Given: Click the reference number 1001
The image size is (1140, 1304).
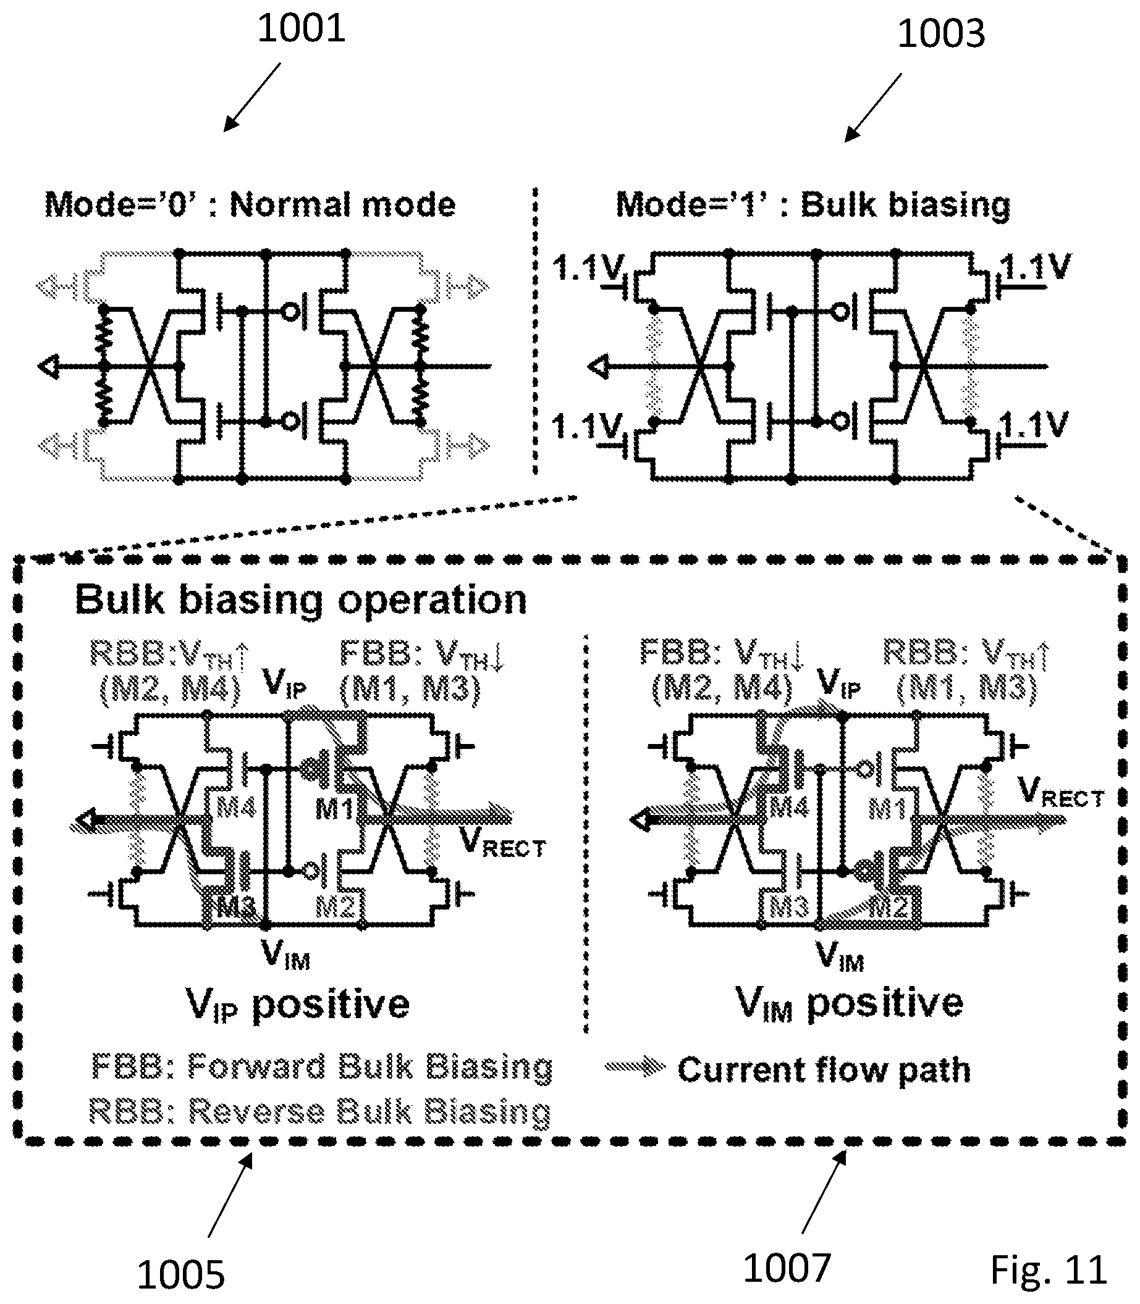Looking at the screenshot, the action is pyautogui.click(x=301, y=29).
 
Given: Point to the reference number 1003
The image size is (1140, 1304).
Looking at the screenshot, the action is pyautogui.click(x=941, y=34).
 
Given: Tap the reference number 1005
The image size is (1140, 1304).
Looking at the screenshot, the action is pyautogui.click(x=180, y=1275).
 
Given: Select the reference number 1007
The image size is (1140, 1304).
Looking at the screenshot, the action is pyautogui.click(x=787, y=1268).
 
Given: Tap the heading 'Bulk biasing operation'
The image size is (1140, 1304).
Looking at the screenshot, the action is pyautogui.click(x=301, y=600).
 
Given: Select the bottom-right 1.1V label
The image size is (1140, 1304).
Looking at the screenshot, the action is pyautogui.click(x=1033, y=425).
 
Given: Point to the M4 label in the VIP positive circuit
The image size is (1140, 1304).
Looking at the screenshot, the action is pyautogui.click(x=236, y=808).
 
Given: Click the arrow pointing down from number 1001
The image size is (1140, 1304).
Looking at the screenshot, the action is pyautogui.click(x=252, y=97).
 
